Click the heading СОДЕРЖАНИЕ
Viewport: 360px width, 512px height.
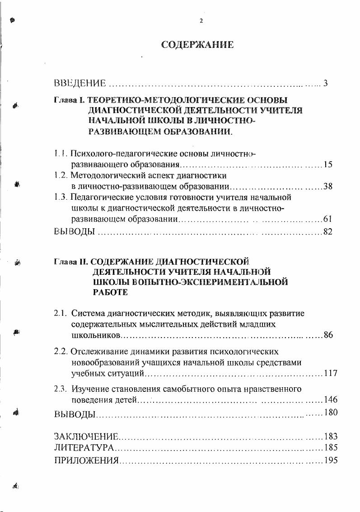pos(197,45)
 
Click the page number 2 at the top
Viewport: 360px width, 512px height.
pos(201,21)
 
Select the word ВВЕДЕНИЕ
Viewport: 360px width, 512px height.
pos(80,83)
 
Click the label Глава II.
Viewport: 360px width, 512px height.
pos(71,262)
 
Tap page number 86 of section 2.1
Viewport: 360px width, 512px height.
pos(328,335)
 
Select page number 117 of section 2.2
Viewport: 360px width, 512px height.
pos(331,373)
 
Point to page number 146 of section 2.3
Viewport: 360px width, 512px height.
pos(331,400)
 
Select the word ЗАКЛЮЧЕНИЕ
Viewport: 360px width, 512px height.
pos(86,437)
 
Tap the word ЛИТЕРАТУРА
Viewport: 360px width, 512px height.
pos(84,449)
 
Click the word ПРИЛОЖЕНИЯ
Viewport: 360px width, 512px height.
pos(86,461)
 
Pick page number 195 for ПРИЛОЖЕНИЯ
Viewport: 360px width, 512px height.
pos(331,461)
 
